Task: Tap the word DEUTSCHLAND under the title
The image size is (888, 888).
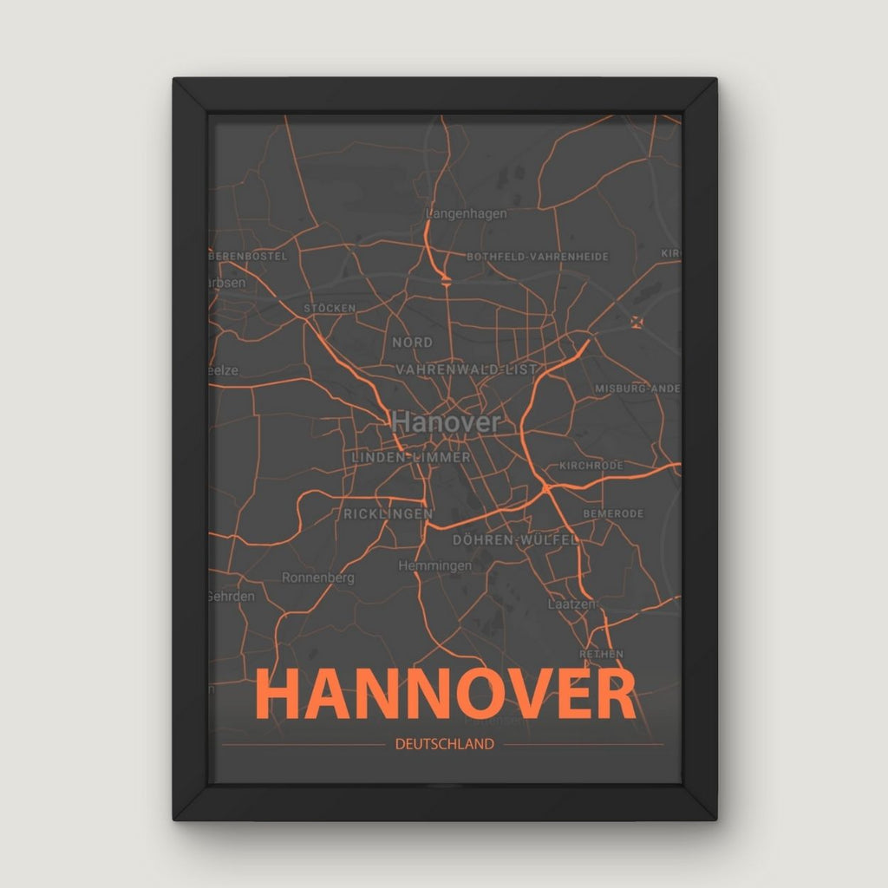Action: coord(444,744)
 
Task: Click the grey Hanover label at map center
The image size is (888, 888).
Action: coord(446,422)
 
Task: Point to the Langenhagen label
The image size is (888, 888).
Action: coord(467,213)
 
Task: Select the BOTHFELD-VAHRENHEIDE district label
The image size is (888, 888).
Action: coord(538,257)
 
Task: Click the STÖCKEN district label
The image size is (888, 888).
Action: coord(330,308)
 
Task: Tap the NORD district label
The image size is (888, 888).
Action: coord(412,343)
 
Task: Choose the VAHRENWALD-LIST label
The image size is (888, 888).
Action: coord(460,369)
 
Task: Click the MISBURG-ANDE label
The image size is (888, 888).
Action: coord(637,388)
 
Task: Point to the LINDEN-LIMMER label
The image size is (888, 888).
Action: coord(411,457)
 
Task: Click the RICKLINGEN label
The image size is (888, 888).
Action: coord(388,514)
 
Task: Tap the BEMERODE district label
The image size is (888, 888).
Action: coord(613,514)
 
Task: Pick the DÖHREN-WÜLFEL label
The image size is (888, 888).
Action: coord(515,539)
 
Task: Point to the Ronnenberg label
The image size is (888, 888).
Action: coord(318,578)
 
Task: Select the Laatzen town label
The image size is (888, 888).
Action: coord(569,603)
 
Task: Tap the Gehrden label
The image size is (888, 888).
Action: coord(232,597)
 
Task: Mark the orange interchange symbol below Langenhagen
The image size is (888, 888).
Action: coord(446,279)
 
